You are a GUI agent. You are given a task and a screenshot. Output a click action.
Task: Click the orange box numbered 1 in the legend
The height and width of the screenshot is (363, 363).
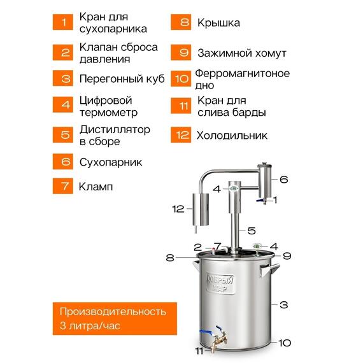pos(64,22)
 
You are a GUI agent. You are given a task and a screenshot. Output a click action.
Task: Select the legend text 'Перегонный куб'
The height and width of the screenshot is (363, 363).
pos(121,79)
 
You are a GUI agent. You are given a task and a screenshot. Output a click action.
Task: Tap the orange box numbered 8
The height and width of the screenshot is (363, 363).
pos(182,22)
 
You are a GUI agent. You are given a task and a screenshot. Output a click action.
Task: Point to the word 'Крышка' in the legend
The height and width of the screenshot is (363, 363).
pos(218,23)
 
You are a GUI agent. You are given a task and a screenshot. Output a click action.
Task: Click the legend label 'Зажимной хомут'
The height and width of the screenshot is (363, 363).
pos(241,53)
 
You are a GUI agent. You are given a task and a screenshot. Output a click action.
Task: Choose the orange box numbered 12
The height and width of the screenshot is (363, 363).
pos(182,135)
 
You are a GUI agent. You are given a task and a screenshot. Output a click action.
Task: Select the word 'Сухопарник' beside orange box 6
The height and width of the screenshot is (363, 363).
pos(110,162)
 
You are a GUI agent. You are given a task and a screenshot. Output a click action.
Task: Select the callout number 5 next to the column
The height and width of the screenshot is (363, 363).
pos(252,231)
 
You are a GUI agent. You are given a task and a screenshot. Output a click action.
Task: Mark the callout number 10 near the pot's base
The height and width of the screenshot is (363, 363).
pos(285,343)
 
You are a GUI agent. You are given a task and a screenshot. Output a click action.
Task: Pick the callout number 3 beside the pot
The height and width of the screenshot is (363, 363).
pos(285,303)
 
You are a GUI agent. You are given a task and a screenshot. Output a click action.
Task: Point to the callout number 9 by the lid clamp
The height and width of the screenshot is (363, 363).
pos(287,256)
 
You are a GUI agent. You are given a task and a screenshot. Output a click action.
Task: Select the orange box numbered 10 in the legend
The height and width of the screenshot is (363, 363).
pos(182,78)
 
